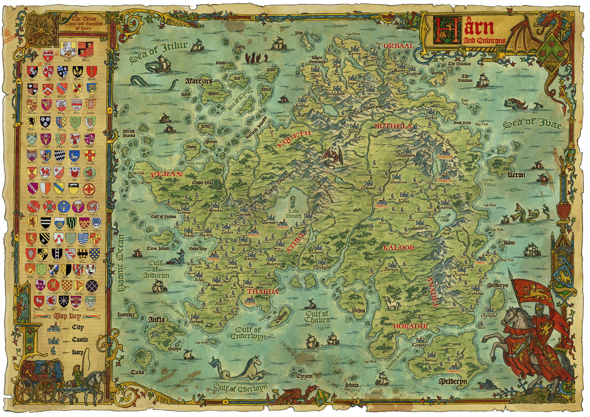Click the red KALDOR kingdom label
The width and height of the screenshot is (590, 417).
pos(399,247)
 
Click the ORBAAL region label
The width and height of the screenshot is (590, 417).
pos(399,46)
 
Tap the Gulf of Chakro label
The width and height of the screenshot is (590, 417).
pos(317,317)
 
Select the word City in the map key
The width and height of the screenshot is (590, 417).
pos(78,327)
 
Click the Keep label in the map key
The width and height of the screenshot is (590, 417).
pos(78,352)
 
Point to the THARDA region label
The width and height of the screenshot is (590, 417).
pos(263,291)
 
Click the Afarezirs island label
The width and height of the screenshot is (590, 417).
pos(199,81)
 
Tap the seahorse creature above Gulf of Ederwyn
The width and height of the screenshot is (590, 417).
pos(243,367)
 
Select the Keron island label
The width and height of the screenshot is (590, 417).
pos(516,175)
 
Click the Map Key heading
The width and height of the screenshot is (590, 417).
pos(67,316)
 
